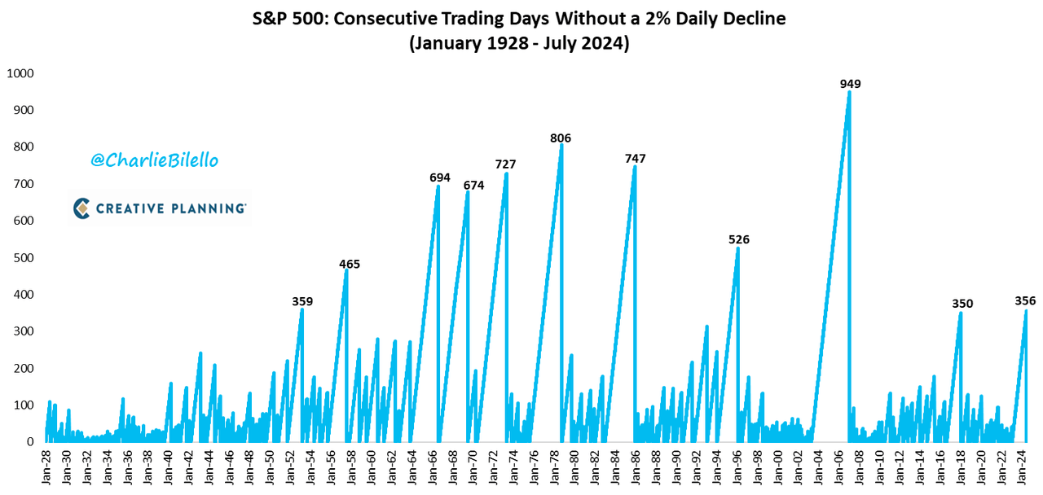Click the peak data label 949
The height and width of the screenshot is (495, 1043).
[x=851, y=84]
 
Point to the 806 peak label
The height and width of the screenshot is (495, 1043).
[x=561, y=138]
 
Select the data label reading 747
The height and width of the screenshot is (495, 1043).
[x=636, y=159]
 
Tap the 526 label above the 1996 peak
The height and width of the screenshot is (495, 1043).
[x=739, y=239]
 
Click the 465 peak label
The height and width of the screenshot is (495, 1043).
[x=350, y=264]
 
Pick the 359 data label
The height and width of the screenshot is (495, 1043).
[x=302, y=301]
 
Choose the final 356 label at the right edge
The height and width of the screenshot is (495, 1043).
[x=1025, y=301]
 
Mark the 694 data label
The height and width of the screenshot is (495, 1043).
[x=440, y=177]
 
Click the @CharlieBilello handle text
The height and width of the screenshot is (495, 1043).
[x=154, y=160]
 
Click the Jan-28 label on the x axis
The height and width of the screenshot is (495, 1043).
[x=47, y=467]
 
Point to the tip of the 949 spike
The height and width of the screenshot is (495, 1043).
[x=849, y=91]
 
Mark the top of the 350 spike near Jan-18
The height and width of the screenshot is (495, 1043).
[x=961, y=313]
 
